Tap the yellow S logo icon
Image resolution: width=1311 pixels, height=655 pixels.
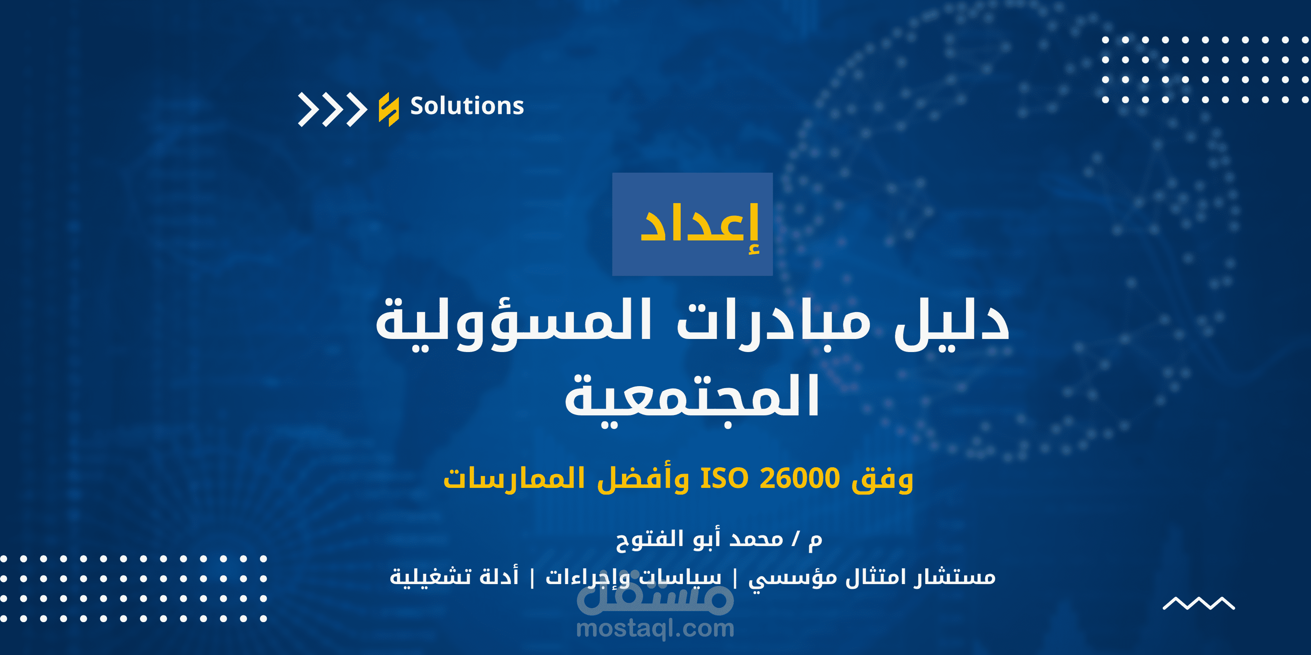389,109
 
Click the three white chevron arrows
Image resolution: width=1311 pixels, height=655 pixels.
332,109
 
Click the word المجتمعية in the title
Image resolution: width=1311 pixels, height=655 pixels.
692,397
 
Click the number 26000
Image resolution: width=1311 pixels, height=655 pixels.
799,478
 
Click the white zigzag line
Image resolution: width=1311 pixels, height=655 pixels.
1198,603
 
